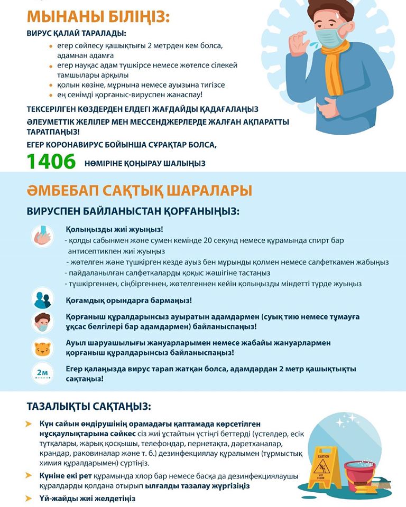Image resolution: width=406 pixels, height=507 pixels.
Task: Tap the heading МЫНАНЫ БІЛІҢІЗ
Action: [x=98, y=17]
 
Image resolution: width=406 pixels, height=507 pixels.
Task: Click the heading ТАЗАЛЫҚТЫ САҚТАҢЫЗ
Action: [x=89, y=407]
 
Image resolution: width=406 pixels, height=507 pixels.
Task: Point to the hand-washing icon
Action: [x=42, y=235]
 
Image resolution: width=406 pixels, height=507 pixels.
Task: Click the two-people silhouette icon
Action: [x=42, y=299]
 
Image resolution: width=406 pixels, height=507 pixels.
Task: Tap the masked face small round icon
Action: [x=42, y=322]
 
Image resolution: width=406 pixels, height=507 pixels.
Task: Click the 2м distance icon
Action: [x=42, y=373]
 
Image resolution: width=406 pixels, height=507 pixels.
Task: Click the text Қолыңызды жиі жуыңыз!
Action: [x=114, y=229]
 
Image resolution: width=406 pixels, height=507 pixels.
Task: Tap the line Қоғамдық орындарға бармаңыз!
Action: [x=129, y=300]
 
